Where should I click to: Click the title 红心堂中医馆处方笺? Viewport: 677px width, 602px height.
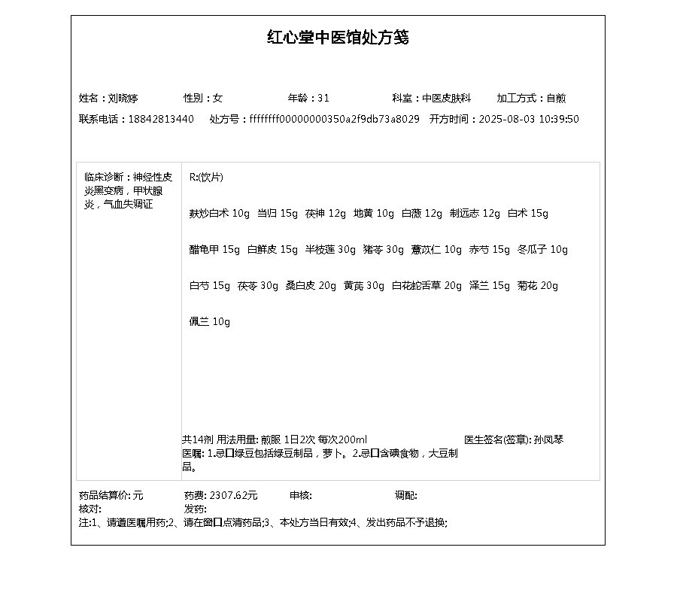pyautogui.click(x=338, y=38)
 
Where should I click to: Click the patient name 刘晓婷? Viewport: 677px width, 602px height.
pyautogui.click(x=123, y=98)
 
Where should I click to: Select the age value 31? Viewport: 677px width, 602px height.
pyautogui.click(x=323, y=98)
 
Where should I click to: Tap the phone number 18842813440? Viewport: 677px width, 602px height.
pyautogui.click(x=161, y=119)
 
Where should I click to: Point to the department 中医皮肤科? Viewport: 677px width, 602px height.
pyautogui.click(x=446, y=98)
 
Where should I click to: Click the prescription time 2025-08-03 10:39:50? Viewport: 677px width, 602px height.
pyautogui.click(x=529, y=119)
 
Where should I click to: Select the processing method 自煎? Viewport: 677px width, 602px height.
pyautogui.click(x=556, y=98)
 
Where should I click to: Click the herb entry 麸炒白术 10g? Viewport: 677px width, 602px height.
pyautogui.click(x=219, y=213)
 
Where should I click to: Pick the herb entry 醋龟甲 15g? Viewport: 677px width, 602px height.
pyautogui.click(x=214, y=249)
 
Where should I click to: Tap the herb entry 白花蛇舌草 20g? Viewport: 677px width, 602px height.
pyautogui.click(x=427, y=285)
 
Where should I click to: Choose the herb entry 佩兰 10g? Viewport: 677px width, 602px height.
pyautogui.click(x=209, y=321)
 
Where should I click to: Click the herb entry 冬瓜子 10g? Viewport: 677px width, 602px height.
pyautogui.click(x=542, y=249)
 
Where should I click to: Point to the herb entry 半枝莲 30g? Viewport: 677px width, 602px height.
pyautogui.click(x=330, y=249)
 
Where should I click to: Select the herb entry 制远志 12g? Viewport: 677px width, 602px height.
pyautogui.click(x=475, y=213)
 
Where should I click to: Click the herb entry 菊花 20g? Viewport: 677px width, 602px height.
pyautogui.click(x=538, y=285)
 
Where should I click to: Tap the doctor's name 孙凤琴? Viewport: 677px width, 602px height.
pyautogui.click(x=548, y=439)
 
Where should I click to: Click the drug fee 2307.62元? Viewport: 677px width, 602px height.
pyautogui.click(x=233, y=495)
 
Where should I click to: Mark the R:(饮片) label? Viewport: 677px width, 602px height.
pyautogui.click(x=206, y=177)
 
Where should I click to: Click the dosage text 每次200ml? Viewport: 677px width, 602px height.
pyautogui.click(x=342, y=439)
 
